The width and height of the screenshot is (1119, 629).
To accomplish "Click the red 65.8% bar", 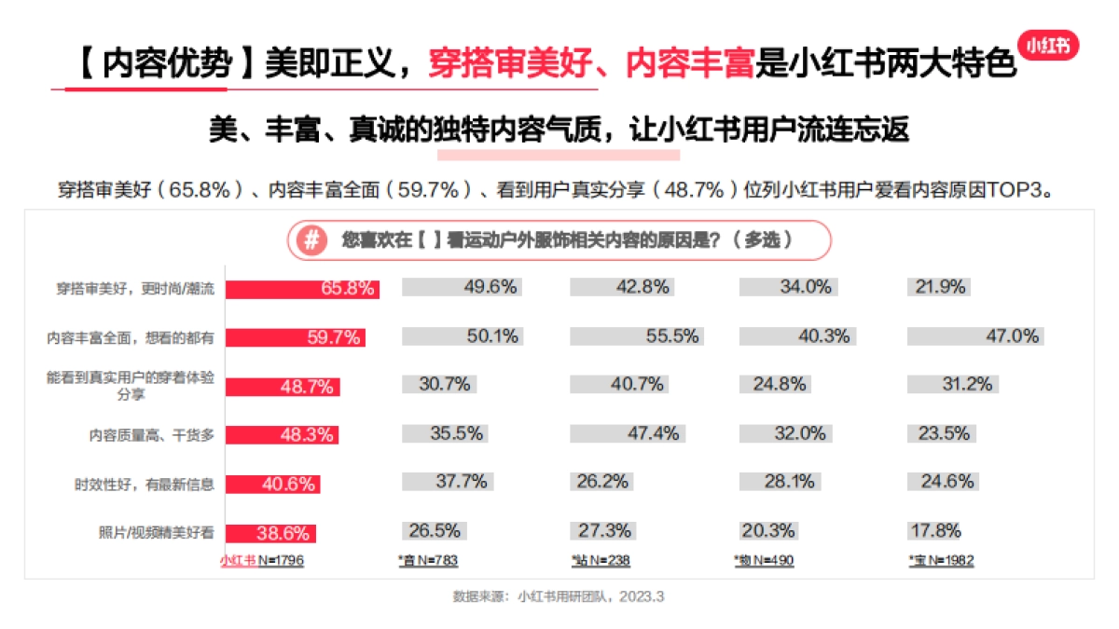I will click(x=302, y=288).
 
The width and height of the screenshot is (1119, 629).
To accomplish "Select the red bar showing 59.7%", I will click(x=295, y=337).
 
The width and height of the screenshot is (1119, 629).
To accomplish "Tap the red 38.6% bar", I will click(x=270, y=533).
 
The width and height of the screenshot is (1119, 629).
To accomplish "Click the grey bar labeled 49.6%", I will click(x=462, y=287).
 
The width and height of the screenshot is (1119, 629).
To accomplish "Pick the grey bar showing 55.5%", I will click(x=635, y=336).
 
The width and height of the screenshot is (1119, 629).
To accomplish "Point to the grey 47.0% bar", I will click(x=974, y=336).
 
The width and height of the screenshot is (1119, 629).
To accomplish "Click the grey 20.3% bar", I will click(x=767, y=531).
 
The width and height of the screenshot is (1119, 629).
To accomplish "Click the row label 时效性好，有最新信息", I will click(x=145, y=485).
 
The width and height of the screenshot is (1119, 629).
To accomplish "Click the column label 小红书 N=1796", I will click(x=262, y=561).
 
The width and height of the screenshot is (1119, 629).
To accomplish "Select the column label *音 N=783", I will click(x=428, y=561).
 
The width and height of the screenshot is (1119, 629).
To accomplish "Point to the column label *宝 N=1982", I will click(x=941, y=561).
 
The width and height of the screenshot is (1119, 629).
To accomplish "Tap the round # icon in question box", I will click(x=311, y=239).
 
